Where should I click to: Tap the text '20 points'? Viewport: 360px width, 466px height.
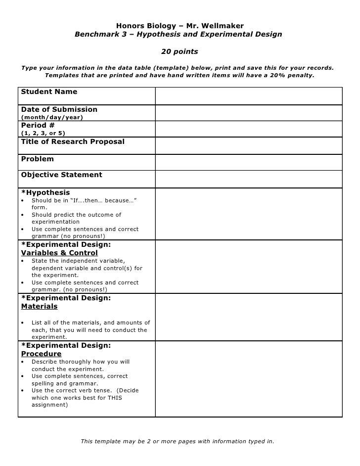pyautogui.click(x=180, y=51)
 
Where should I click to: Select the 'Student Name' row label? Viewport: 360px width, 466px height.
pyautogui.click(x=49, y=92)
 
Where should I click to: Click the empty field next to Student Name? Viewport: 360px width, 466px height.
pyautogui.click(x=249, y=96)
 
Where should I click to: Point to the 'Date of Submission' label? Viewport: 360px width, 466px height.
pyautogui.click(x=59, y=109)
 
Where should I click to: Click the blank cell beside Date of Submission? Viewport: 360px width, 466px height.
pyautogui.click(x=249, y=113)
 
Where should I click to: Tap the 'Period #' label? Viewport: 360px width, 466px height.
pyautogui.click(x=38, y=125)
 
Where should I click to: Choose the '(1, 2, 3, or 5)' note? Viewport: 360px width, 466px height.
pyautogui.click(x=43, y=133)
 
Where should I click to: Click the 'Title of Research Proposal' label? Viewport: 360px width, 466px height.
pyautogui.click(x=73, y=142)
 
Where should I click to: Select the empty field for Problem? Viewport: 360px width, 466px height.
pyautogui.click(x=249, y=162)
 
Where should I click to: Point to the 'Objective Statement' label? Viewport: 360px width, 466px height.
pyautogui.click(x=61, y=175)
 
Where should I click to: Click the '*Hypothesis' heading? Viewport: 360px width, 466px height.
pyautogui.click(x=45, y=192)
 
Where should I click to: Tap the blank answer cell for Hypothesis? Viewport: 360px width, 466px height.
pyautogui.click(x=249, y=214)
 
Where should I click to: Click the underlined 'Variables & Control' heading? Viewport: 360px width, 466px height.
pyautogui.click(x=59, y=253)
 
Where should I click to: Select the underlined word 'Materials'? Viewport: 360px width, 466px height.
pyautogui.click(x=39, y=307)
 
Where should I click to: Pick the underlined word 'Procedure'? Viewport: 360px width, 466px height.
pyautogui.click(x=41, y=354)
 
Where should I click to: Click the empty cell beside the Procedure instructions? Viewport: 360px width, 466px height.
pyautogui.click(x=249, y=378)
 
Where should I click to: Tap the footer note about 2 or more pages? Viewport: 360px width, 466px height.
pyautogui.click(x=177, y=441)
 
